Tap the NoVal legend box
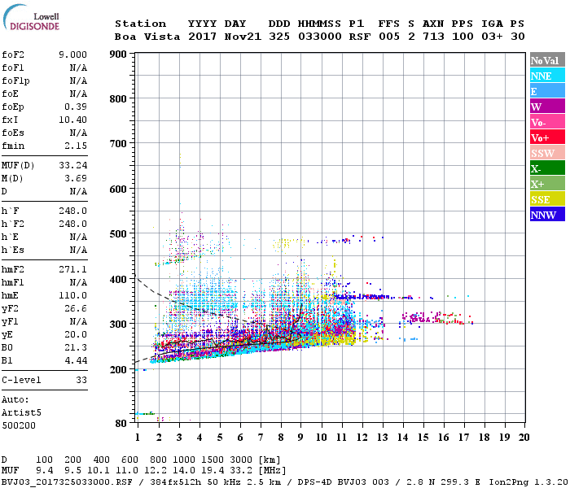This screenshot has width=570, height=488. pyautogui.click(x=546, y=60)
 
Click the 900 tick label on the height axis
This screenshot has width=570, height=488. pyautogui.click(x=119, y=54)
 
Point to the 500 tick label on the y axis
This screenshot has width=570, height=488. pyautogui.click(x=119, y=234)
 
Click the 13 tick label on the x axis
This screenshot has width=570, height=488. pyautogui.click(x=382, y=438)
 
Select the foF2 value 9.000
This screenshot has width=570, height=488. pyautogui.click(x=72, y=54)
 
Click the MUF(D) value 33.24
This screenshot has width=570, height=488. pyautogui.click(x=72, y=164)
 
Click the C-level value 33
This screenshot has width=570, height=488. pyautogui.click(x=81, y=379)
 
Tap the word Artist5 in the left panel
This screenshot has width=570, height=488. pyautogui.click(x=21, y=412)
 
